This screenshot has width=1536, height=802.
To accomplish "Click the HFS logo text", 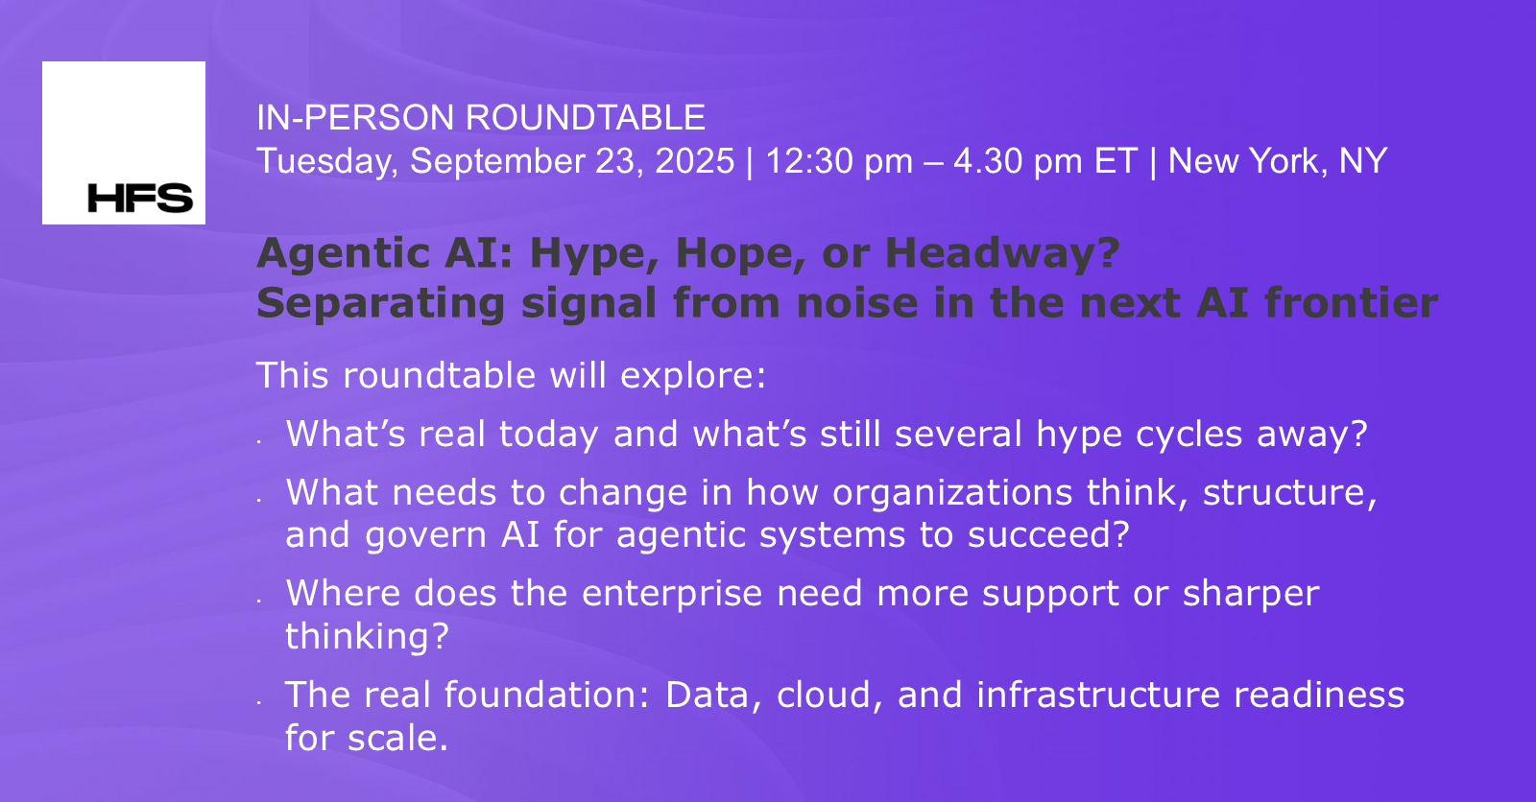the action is click(140, 198).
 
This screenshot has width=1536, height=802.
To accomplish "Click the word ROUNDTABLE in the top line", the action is click(586, 117).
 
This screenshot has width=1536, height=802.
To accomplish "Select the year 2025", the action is click(695, 161).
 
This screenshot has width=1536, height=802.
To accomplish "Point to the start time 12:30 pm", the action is click(839, 162).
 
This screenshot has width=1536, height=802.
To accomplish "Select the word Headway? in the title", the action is click(1002, 253).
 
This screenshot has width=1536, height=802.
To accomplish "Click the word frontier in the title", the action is click(1351, 302).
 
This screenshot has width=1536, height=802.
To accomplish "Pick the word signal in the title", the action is click(589, 304).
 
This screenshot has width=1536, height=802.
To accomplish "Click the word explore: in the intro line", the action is click(693, 376).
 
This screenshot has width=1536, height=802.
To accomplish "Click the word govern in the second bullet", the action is click(426, 535).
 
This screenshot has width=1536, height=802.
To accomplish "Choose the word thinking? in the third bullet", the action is click(367, 636).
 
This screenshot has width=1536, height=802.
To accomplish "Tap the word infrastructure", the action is click(1098, 695).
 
